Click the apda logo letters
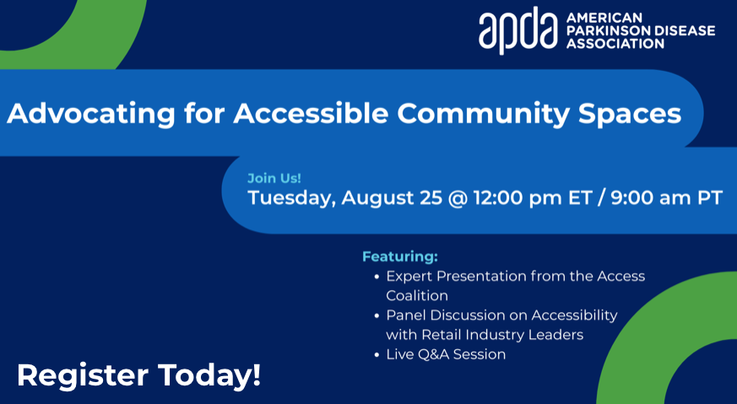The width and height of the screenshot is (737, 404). [x=518, y=30]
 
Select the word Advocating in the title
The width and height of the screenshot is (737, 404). [x=91, y=114]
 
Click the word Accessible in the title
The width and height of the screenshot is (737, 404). [x=311, y=113]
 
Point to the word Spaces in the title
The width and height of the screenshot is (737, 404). [x=630, y=114]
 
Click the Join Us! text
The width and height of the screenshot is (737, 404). [x=274, y=178]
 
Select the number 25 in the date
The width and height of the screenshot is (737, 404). [x=431, y=197]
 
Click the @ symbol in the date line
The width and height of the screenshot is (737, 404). [x=458, y=197]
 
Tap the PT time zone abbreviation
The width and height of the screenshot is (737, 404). [x=710, y=197]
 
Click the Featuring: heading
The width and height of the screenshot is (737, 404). [x=400, y=256]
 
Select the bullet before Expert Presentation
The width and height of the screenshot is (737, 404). [x=377, y=277]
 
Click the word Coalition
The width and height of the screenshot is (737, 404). [x=417, y=295]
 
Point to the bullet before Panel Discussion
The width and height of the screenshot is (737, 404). [x=377, y=315]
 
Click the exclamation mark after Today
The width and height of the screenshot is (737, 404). [x=257, y=374]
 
